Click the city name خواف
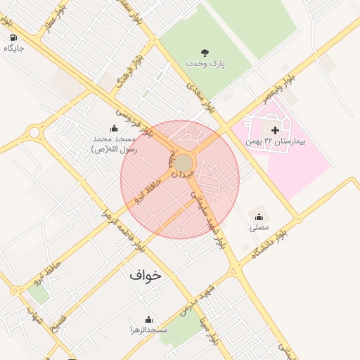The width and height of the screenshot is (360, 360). point(145,275)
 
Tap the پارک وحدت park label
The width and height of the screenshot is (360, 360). point(205,63)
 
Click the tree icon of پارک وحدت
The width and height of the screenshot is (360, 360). point(205,52)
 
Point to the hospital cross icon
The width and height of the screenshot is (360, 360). point(275,130)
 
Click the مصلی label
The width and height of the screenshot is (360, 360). point(259,228)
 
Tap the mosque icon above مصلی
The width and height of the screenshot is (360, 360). point(259,217)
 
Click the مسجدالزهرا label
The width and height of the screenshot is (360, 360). point(148,329)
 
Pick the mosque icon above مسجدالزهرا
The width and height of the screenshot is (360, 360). point(148,319)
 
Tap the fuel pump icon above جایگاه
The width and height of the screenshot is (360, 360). point(13,37)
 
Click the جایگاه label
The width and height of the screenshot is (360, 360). point(14,49)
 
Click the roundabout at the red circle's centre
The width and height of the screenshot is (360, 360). point(184,163)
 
